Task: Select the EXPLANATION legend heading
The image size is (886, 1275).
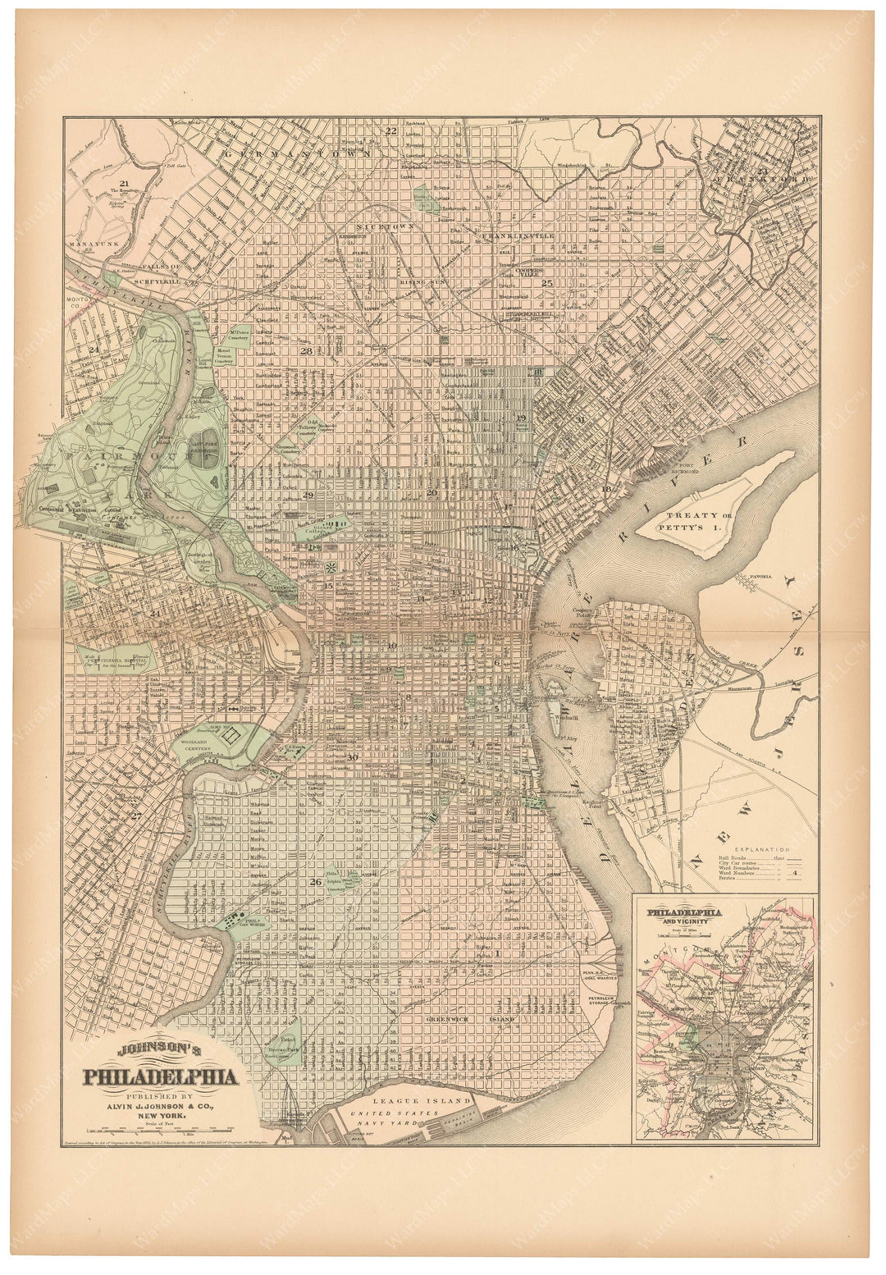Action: pyautogui.click(x=762, y=849)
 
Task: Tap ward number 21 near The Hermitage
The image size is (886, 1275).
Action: pyautogui.click(x=124, y=183)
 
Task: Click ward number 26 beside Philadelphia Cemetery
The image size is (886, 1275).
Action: pyautogui.click(x=316, y=882)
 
